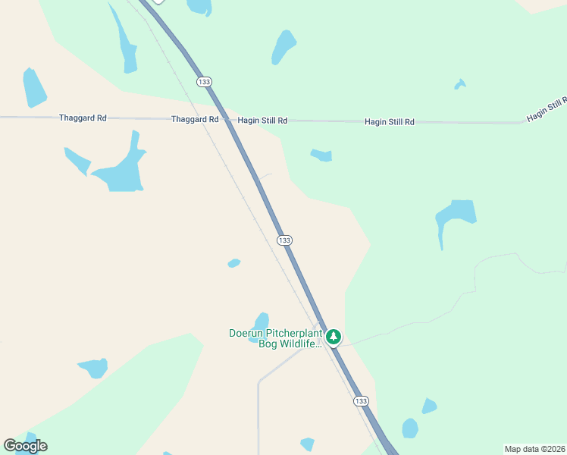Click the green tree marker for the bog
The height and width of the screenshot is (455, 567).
pyautogui.click(x=333, y=336)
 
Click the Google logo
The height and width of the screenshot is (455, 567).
pyautogui.click(x=25, y=446)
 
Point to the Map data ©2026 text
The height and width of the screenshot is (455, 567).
pyautogui.click(x=535, y=449)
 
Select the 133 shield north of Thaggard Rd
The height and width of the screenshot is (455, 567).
pyautogui.click(x=203, y=81)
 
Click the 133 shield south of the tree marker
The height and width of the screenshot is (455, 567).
pyautogui.click(x=361, y=400)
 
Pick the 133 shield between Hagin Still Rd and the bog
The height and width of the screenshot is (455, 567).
pyautogui.click(x=284, y=240)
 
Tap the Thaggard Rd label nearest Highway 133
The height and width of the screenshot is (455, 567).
pyautogui.click(x=195, y=119)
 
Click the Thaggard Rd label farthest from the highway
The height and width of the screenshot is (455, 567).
pyautogui.click(x=83, y=118)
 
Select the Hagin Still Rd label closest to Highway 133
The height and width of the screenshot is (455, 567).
pyautogui.click(x=262, y=121)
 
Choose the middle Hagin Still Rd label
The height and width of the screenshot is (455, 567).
pyautogui.click(x=390, y=121)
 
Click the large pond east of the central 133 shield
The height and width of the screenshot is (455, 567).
pyautogui.click(x=455, y=217)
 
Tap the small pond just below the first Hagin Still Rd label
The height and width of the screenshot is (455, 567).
pyautogui.click(x=322, y=155)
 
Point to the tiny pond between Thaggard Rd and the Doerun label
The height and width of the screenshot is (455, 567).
pyautogui.click(x=234, y=263)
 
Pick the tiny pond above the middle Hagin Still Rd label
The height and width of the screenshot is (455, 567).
pyautogui.click(x=459, y=84)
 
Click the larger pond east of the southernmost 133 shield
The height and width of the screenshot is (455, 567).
pyautogui.click(x=410, y=428)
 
